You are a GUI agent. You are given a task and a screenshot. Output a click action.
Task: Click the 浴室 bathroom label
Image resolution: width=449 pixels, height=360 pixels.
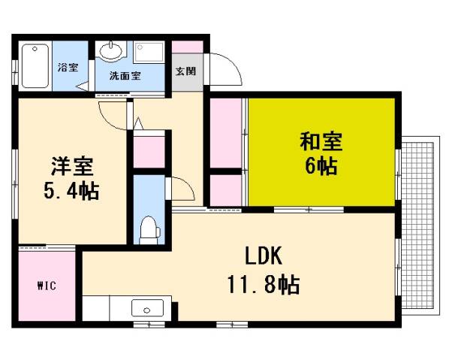(x=68, y=68)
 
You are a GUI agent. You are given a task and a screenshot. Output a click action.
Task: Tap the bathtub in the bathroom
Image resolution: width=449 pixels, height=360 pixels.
(x=35, y=67)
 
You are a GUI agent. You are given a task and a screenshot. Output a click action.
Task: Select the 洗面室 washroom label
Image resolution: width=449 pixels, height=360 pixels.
(x=123, y=76)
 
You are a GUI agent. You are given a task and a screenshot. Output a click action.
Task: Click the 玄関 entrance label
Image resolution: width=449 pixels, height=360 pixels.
(x=186, y=72)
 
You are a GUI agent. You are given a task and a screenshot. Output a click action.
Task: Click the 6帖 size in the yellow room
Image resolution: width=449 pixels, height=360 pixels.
(x=321, y=166)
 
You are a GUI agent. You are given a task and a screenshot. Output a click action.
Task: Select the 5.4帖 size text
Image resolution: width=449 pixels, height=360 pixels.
(x=71, y=189)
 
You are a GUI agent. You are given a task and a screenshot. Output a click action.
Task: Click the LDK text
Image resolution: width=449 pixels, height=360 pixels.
(x=262, y=257)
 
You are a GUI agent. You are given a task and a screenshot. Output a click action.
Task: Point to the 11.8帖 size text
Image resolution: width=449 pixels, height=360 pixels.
(x=263, y=284)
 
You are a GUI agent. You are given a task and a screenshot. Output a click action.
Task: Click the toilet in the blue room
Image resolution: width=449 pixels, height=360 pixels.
(x=149, y=228)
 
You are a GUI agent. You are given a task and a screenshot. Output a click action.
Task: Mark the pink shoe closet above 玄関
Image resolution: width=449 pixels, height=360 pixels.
(x=187, y=47)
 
